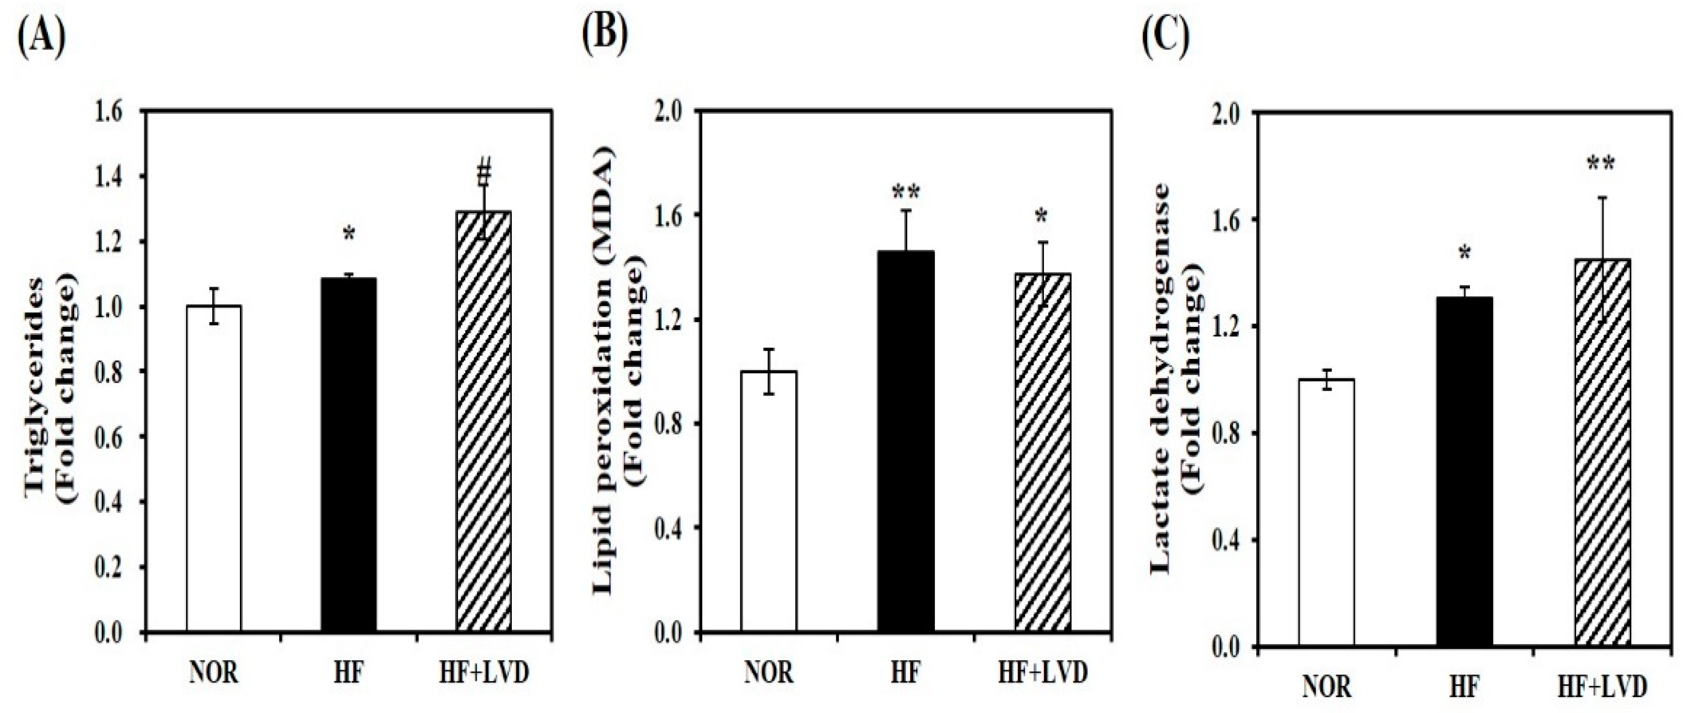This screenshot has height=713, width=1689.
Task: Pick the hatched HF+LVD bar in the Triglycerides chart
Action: coord(483,423)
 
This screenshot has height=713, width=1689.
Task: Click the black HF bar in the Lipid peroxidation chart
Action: coord(906,443)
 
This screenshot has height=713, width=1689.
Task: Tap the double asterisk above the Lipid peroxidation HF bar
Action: coord(906,193)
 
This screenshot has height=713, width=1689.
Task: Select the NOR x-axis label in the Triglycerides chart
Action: coord(214,673)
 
